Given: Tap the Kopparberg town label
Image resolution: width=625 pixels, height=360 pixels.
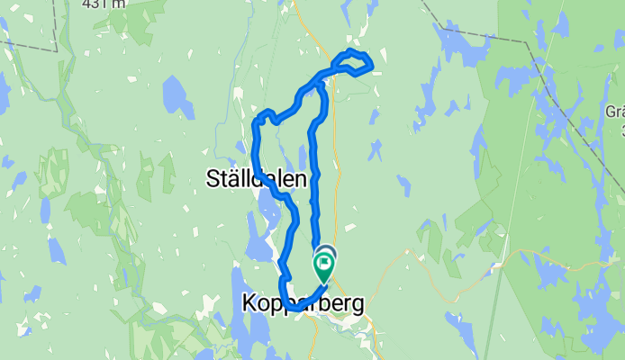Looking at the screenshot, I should click(x=303, y=305).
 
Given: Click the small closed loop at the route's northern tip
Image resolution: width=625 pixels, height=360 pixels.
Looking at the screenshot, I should click(x=353, y=62).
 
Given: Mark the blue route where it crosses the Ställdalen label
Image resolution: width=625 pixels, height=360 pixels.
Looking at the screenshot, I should click(x=259, y=176).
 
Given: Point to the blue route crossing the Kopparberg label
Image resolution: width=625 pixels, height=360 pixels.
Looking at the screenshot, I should click(x=290, y=306).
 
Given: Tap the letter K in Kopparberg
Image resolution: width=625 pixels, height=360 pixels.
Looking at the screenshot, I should click(x=249, y=305).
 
